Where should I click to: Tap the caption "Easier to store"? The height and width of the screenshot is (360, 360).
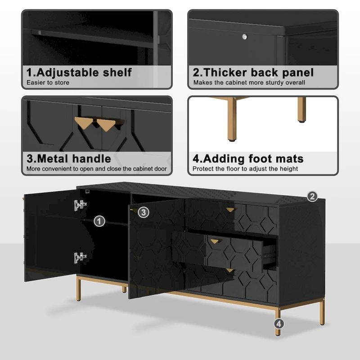(x=48, y=82)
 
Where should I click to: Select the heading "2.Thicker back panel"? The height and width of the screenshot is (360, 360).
(x=253, y=72)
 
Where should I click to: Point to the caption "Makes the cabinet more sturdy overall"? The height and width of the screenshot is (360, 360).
(x=249, y=82)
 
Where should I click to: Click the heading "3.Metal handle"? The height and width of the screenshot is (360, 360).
(x=68, y=158)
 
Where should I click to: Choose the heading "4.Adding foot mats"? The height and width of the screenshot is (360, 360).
(x=248, y=158)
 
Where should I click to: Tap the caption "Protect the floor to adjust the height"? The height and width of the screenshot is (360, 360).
(x=245, y=169)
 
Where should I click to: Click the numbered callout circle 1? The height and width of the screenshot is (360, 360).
(x=99, y=221)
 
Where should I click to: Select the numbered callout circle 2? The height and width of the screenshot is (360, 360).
(x=312, y=196)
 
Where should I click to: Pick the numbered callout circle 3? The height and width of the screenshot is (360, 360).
(x=143, y=212)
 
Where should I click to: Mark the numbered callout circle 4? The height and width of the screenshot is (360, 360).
(x=279, y=323)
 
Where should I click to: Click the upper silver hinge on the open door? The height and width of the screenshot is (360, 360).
(x=80, y=205)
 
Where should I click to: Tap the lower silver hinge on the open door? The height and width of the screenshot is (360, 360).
(x=80, y=257)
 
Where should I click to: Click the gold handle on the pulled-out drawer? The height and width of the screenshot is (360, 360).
(x=214, y=241)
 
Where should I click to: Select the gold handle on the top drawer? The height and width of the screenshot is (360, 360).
(x=230, y=209)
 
